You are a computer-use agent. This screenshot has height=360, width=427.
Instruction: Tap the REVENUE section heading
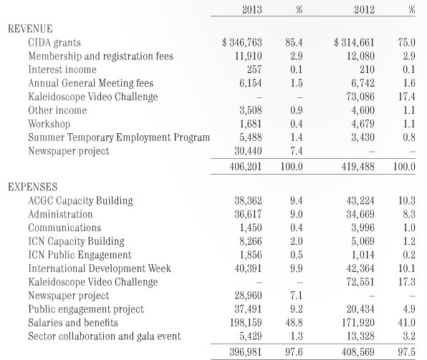pos(30,29)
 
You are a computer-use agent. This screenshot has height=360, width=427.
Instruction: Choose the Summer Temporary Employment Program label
pos(119,137)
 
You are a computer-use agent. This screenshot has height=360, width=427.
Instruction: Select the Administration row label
pos(60,214)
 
